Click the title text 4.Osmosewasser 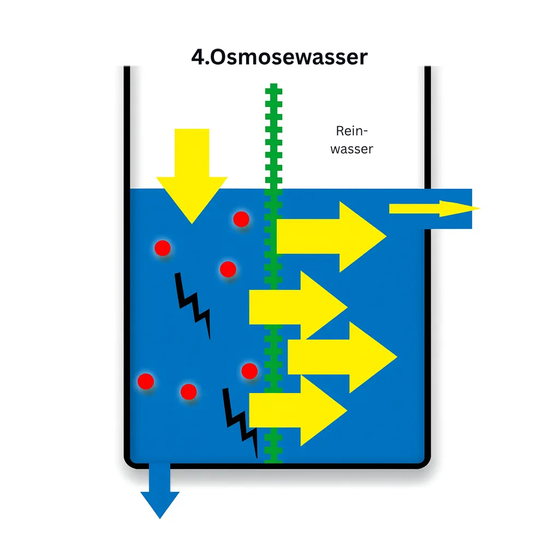point(279,57)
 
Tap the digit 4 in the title point(198,57)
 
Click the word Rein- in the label point(352,131)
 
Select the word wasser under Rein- point(352,148)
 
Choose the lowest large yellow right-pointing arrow point(298,410)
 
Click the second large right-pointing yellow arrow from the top point(298,306)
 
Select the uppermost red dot point(241,219)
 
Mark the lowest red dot point(188,391)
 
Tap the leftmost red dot point(146,381)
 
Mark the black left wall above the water point(127,126)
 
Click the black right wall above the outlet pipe point(427,126)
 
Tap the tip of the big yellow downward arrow point(192,221)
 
